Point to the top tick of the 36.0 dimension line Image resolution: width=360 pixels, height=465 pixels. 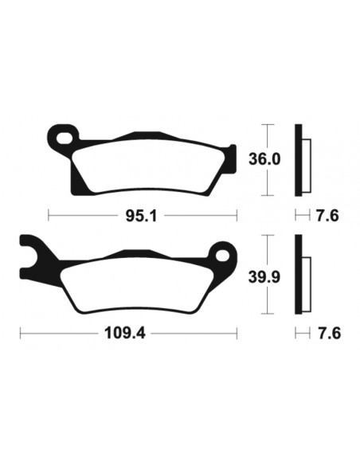pos(271,125)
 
